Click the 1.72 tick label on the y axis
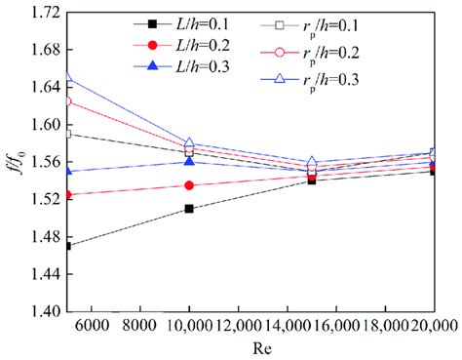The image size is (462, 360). pos(40,12)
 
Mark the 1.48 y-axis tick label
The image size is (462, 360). pos(40,237)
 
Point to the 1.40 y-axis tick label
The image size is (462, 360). pos(40,312)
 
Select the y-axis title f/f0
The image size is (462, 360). pos(13,162)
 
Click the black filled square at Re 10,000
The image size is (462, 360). pos(189,209)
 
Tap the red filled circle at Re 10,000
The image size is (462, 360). pos(189,185)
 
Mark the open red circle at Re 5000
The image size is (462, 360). pos(67,100)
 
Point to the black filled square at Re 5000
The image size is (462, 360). pos(67,246)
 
